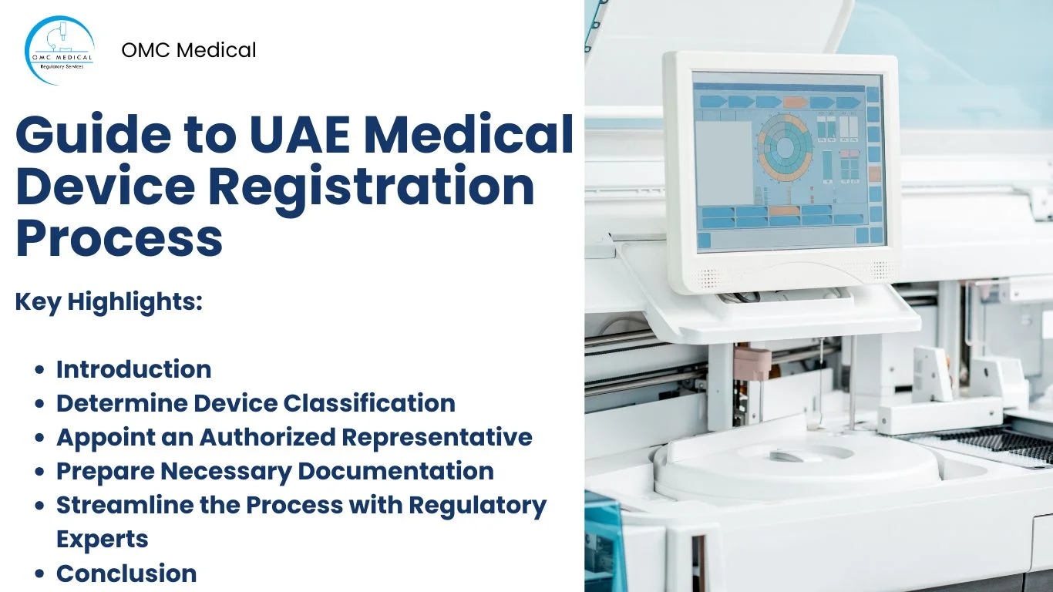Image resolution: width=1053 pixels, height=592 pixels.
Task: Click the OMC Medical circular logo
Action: click(x=59, y=50)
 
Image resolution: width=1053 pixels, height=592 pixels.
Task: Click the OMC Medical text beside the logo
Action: click(x=189, y=50)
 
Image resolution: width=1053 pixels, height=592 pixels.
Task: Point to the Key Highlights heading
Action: click(x=109, y=302)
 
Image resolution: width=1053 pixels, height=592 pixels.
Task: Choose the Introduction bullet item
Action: click(x=133, y=369)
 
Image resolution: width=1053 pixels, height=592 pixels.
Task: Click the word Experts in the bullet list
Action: click(x=103, y=539)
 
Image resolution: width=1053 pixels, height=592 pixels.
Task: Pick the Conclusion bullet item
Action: click(x=126, y=573)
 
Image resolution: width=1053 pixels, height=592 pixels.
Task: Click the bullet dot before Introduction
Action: click(x=40, y=370)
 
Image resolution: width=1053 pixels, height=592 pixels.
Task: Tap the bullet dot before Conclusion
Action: click(x=40, y=574)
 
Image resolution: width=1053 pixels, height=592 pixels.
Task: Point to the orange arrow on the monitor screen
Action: click(x=794, y=102)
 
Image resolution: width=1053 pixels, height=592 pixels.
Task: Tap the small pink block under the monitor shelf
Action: click(x=752, y=362)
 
